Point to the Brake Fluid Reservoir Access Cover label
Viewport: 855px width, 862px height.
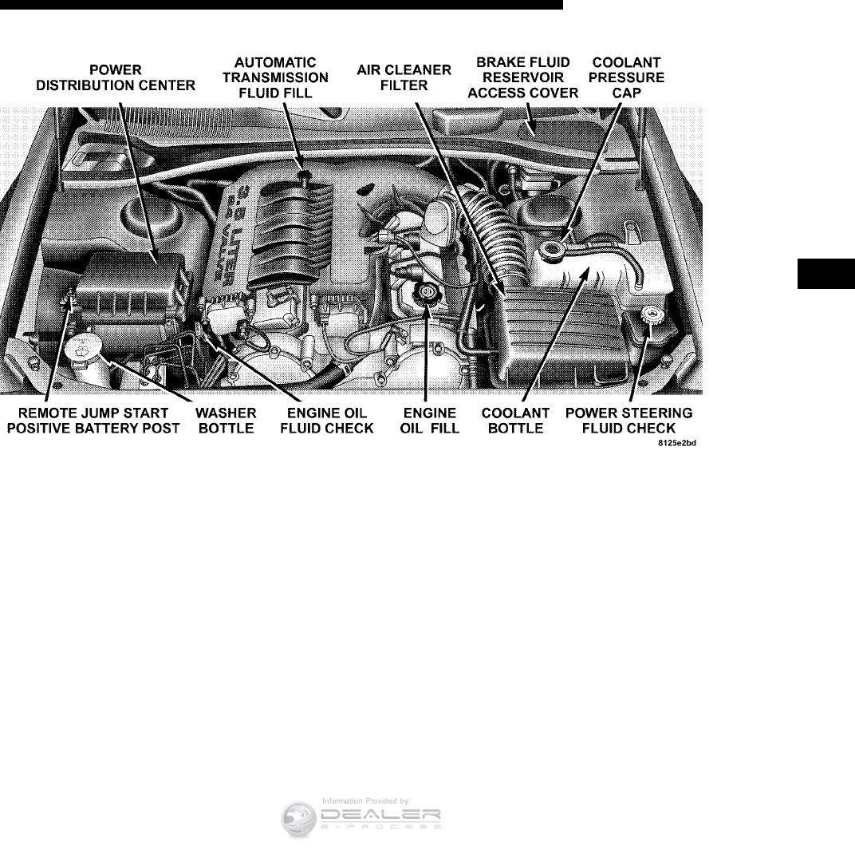[x=522, y=77]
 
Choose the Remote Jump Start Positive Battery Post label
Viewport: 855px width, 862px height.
[x=93, y=421]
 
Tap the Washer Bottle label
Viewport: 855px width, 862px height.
[x=226, y=421]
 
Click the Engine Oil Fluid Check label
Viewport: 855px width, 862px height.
[x=328, y=421]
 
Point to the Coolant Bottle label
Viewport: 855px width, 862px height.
[x=516, y=421]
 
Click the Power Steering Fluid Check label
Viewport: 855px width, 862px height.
[x=629, y=421]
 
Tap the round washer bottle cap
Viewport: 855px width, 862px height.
[x=83, y=346]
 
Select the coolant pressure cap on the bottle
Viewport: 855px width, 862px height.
[x=550, y=250]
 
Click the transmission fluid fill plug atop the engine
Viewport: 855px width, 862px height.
[x=303, y=175]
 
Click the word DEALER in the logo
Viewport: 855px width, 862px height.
[x=380, y=815]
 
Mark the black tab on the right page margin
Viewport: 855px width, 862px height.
[x=825, y=273]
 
